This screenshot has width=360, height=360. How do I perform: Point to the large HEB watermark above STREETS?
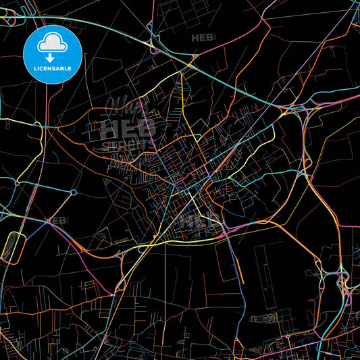click(x=128, y=127)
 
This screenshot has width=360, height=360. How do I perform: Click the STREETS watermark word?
click(x=128, y=145)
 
